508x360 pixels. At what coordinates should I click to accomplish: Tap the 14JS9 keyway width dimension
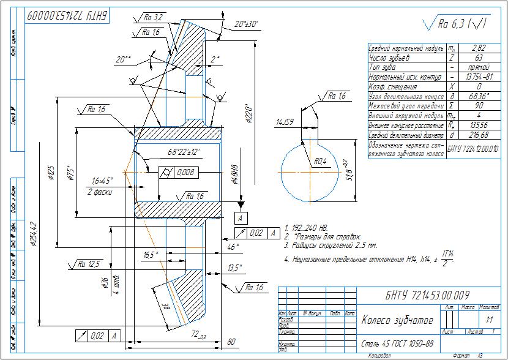(285, 122)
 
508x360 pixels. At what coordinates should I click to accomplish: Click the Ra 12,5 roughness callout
(88, 264)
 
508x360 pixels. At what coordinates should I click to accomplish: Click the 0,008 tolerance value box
(185, 173)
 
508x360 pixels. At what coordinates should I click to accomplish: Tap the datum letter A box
(242, 219)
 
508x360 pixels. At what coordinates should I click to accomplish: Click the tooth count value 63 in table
(470, 58)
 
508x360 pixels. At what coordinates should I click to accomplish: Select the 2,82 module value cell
(470, 48)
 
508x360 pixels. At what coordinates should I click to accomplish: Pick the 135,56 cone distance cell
(470, 125)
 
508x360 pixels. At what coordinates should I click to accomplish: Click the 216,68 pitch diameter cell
(470, 135)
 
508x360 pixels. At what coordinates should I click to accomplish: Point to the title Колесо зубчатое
(397, 320)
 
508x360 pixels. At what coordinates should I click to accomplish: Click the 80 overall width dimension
(231, 342)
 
